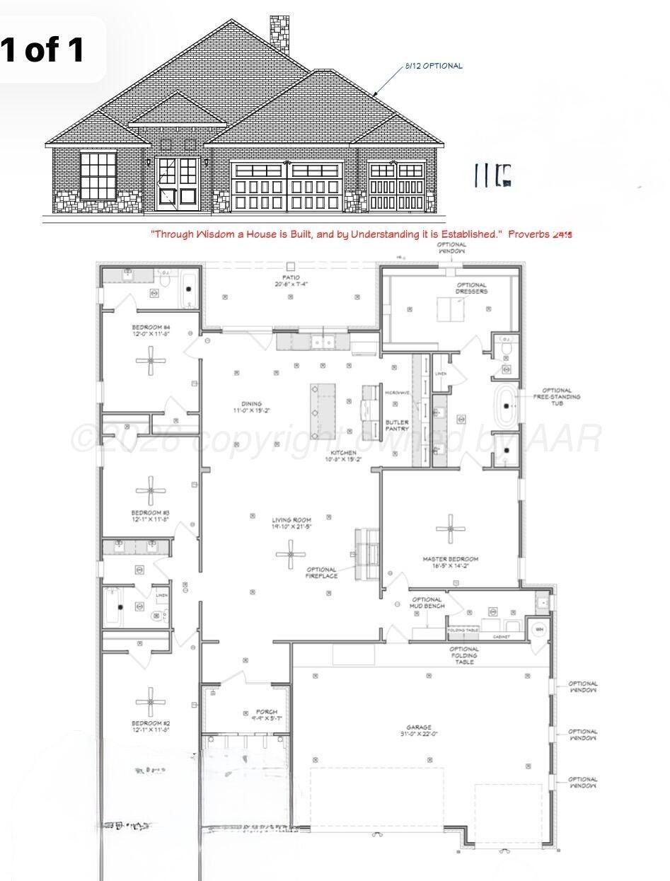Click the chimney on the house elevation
click(279, 33)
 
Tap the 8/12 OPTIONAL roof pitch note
click(434, 66)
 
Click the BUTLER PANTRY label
click(397, 425)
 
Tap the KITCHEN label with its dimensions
click(345, 456)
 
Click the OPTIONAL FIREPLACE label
click(322, 572)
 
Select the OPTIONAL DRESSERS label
click(471, 288)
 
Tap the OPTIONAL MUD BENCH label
click(427, 603)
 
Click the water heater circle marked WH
click(539, 629)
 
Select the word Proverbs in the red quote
click(529, 234)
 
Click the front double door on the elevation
click(178, 183)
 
